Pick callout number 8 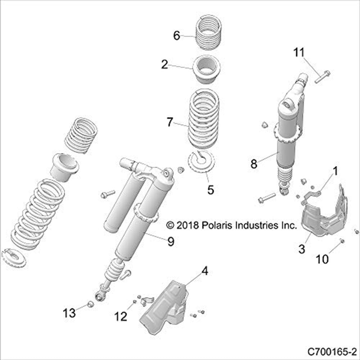tap(254, 164)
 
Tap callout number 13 tap(69, 312)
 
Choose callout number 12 tap(121, 316)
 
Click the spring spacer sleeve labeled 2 tap(208, 68)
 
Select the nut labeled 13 tap(91, 304)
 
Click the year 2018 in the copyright tap(185, 225)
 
